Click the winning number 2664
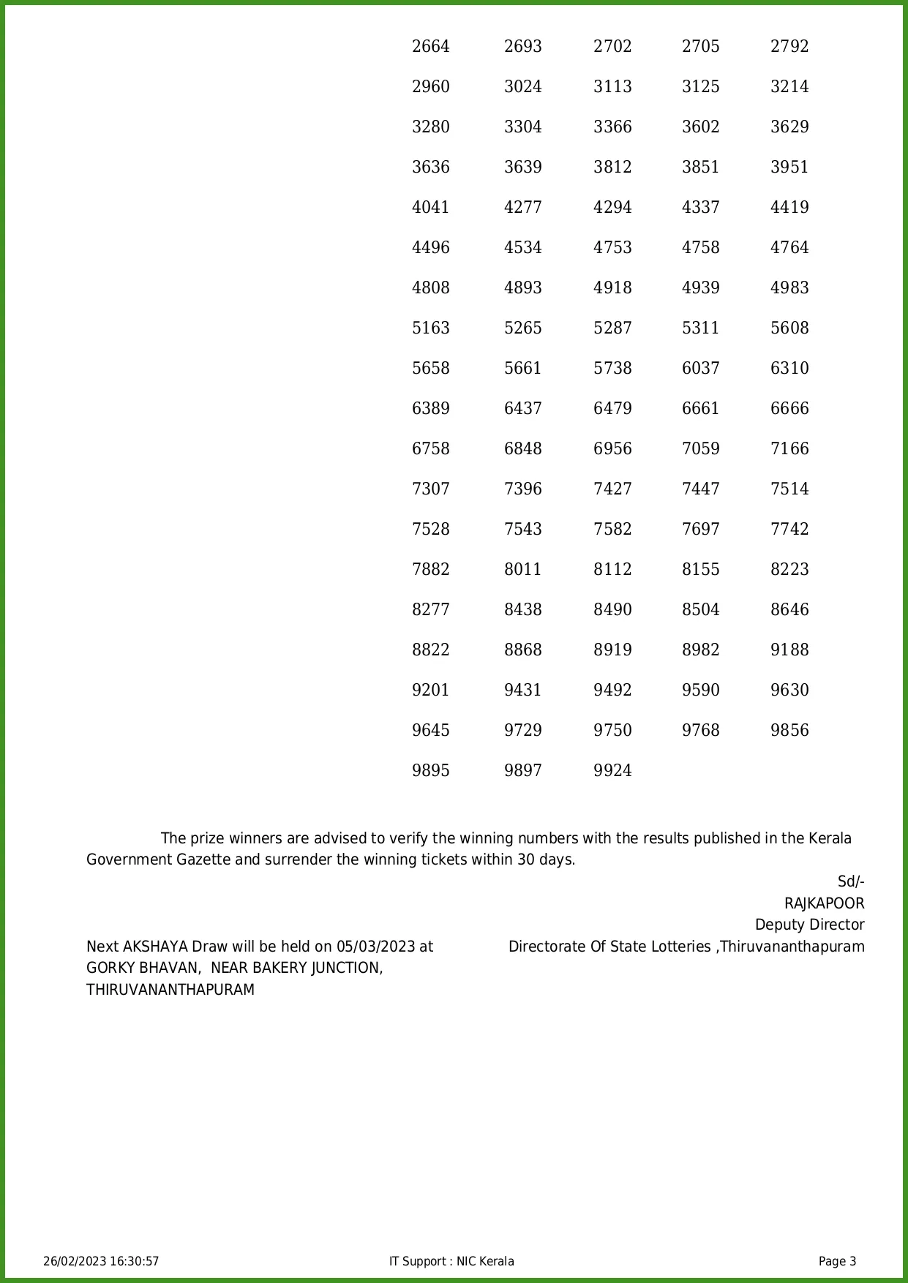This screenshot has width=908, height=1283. click(x=430, y=47)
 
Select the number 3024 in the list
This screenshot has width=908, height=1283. click(x=522, y=87)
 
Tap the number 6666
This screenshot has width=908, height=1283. click(x=789, y=409)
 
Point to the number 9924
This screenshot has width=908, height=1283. click(x=612, y=771)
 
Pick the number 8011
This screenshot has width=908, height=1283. click(x=522, y=570)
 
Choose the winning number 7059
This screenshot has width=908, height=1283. click(x=700, y=449)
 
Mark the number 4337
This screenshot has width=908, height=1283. click(x=700, y=208)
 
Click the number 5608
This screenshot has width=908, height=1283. click(x=789, y=328)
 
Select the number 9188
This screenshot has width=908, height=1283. click(x=789, y=650)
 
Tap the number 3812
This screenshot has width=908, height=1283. click(x=612, y=168)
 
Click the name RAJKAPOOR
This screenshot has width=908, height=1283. click(x=824, y=903)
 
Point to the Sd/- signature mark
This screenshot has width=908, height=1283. click(x=850, y=882)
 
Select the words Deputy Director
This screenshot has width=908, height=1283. click(x=809, y=925)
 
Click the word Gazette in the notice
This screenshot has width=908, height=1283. click(x=203, y=859)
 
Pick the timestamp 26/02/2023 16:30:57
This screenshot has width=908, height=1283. click(x=101, y=1261)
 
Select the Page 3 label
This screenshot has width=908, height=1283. click(x=837, y=1261)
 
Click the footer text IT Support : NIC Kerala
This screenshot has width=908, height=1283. click(x=451, y=1261)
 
